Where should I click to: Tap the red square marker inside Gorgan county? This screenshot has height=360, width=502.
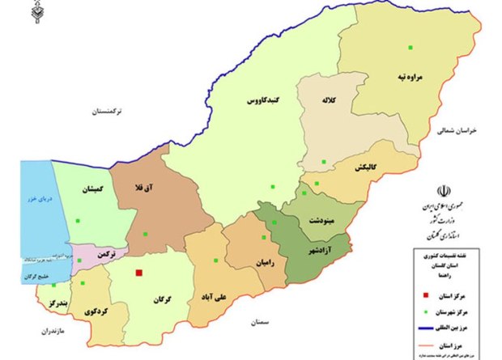point(138,273)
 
